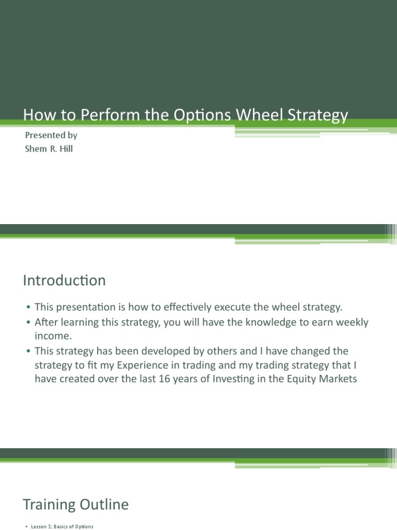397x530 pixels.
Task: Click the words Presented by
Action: click(51, 136)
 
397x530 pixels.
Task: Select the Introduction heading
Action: click(64, 281)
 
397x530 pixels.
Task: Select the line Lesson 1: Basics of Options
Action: click(59, 526)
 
